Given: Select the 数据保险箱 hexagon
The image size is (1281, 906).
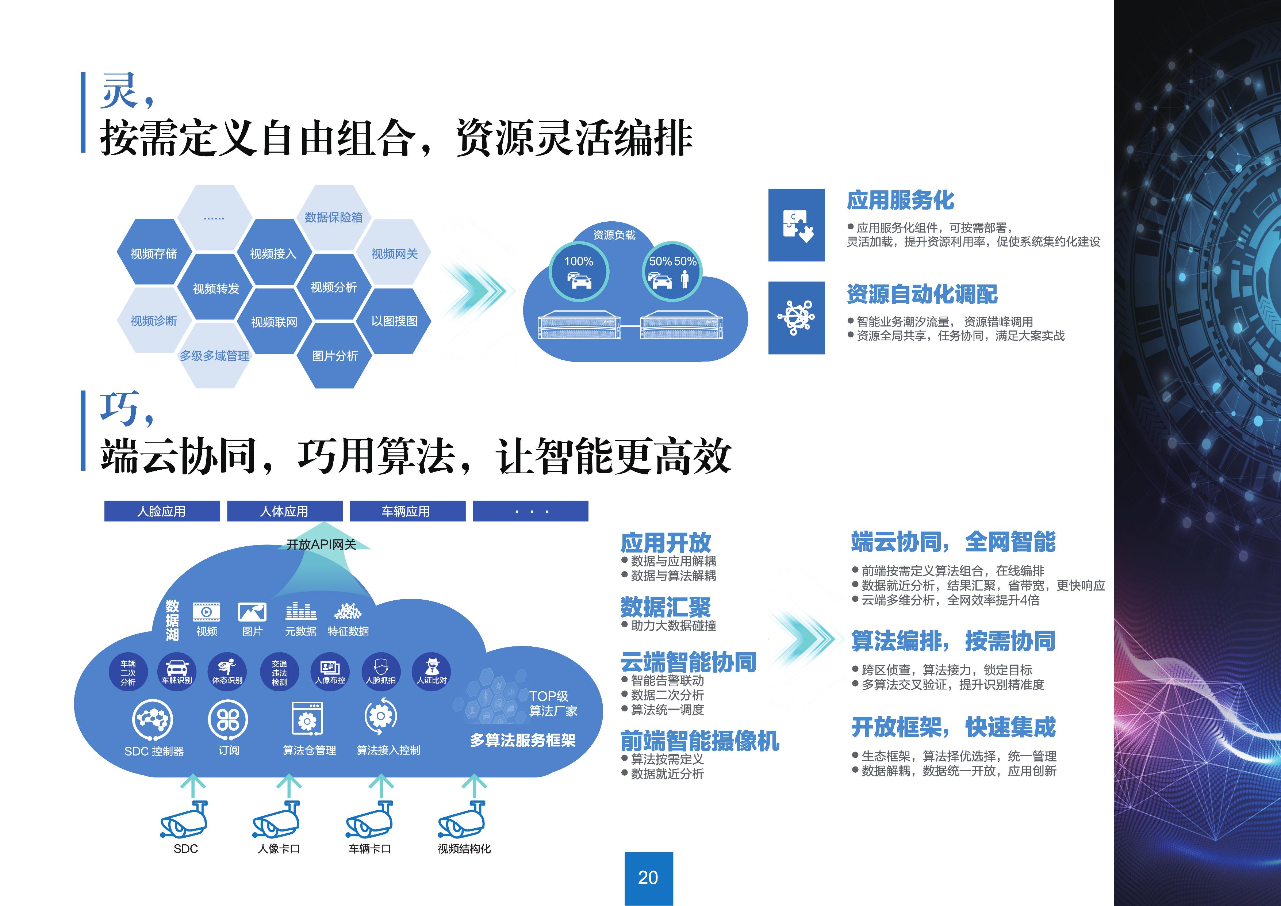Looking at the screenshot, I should click(334, 217).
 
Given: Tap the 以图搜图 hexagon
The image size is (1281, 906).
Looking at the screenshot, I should click(395, 321).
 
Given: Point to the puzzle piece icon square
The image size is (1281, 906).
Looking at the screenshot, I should click(796, 225).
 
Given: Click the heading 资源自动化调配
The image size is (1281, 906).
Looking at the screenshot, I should click(922, 294).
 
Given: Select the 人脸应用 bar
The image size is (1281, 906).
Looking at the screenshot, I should click(162, 511).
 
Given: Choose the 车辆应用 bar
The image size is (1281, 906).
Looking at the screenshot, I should click(407, 511).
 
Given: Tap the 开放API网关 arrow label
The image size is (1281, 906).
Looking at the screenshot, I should click(321, 544).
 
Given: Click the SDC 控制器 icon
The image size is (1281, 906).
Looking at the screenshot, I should click(152, 719).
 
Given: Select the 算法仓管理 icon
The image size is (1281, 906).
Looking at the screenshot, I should click(307, 718).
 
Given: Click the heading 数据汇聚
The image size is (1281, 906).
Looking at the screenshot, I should click(666, 607).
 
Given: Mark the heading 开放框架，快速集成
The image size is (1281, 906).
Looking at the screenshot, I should click(954, 727).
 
